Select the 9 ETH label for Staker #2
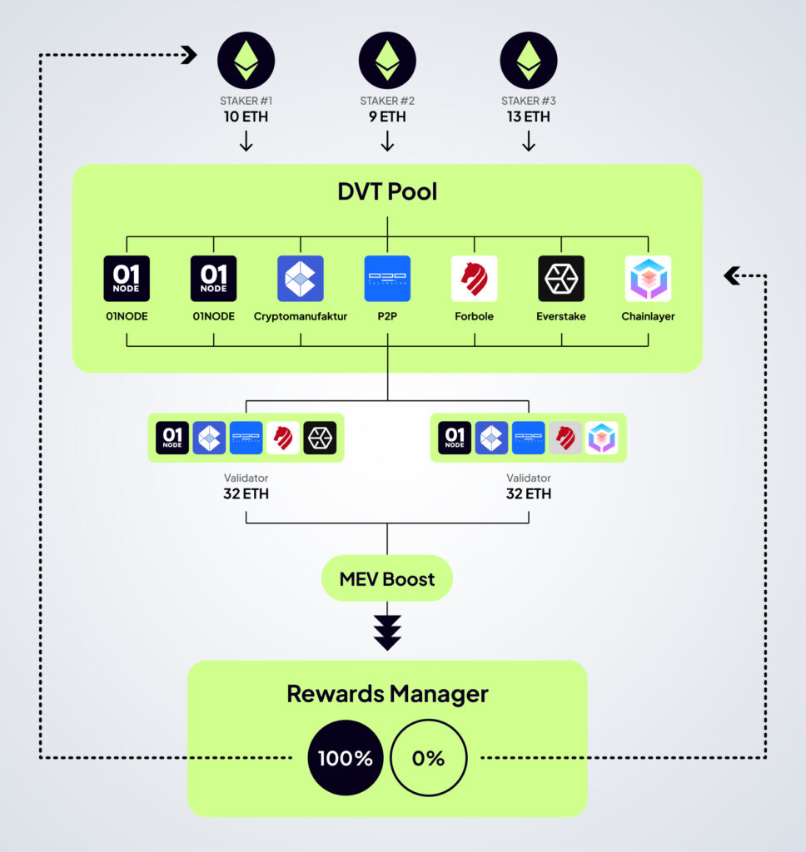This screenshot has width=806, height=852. (x=387, y=117)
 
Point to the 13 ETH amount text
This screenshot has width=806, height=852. (x=528, y=117)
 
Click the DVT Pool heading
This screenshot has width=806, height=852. (x=387, y=191)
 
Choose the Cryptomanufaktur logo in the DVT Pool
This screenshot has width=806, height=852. (x=300, y=278)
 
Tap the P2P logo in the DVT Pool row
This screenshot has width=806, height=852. (x=387, y=278)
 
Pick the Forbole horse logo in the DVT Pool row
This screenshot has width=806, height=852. (x=475, y=278)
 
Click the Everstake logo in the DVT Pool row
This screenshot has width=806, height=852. (x=561, y=278)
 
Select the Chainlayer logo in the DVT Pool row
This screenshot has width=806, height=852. (x=648, y=278)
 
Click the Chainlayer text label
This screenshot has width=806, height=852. (x=648, y=317)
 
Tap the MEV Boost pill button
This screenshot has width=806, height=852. (x=387, y=579)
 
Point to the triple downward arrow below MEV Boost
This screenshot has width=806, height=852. (x=387, y=632)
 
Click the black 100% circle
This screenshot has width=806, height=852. (x=346, y=758)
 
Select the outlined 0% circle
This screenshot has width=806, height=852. (x=429, y=758)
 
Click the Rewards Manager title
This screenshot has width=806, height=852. (x=387, y=694)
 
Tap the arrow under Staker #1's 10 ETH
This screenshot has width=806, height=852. (x=246, y=142)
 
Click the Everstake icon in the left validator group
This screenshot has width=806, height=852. (x=320, y=438)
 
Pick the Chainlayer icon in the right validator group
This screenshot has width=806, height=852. (x=601, y=438)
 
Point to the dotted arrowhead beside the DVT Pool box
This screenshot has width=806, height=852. (x=732, y=275)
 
